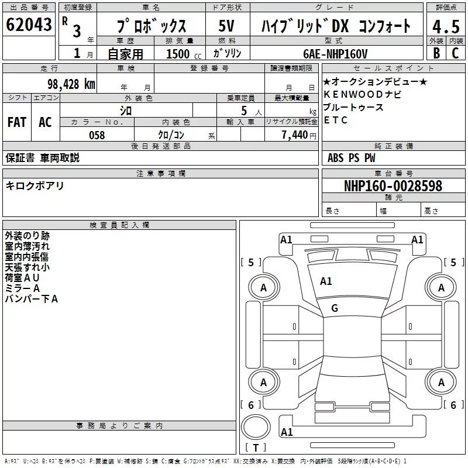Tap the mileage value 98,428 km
[71, 84]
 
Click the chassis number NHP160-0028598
[393, 186]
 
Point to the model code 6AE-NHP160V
[336, 54]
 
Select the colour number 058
[97, 135]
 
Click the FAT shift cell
[16, 122]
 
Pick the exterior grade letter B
[436, 54]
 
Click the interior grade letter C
[455, 54]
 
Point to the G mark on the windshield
[335, 308]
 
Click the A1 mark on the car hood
[326, 281]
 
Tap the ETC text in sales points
[336, 121]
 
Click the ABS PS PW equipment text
[352, 158]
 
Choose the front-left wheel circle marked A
[263, 287]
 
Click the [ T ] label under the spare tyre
[255, 448]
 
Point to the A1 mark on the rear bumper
[287, 432]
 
